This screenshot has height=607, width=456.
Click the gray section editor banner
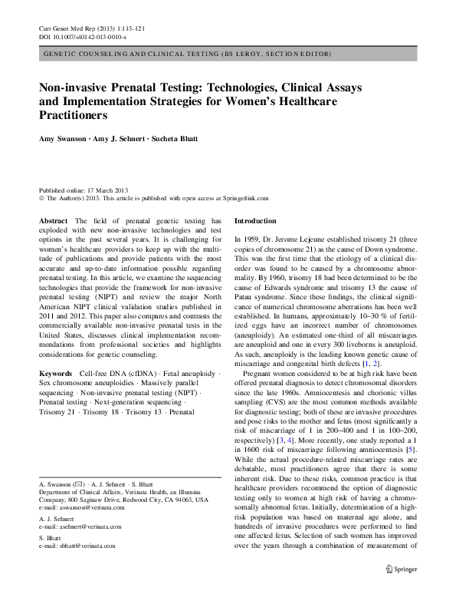tap(228, 55)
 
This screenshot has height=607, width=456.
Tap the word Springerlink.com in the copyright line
tap(243, 197)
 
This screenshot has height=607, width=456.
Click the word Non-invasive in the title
tap(73, 90)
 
